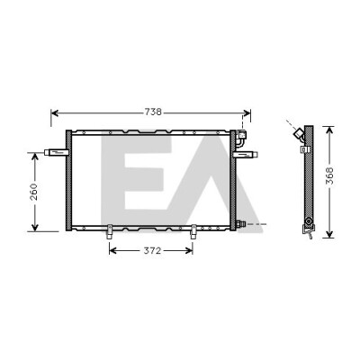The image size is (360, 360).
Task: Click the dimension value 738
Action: tap(153, 112)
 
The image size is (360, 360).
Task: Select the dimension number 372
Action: tap(152, 250)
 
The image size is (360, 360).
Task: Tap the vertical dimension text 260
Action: tap(34, 192)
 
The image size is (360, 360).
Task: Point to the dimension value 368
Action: tap(329, 176)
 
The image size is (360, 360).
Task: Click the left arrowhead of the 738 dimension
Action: tap(55, 112)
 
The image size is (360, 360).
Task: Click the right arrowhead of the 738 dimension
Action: tap(247, 112)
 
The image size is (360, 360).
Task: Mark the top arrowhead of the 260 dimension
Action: tap(35, 157)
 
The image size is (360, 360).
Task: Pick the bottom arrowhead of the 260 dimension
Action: tap(35, 228)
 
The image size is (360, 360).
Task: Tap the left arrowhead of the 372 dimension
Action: tap(112, 250)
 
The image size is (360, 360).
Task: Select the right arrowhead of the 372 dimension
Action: tap(189, 250)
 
